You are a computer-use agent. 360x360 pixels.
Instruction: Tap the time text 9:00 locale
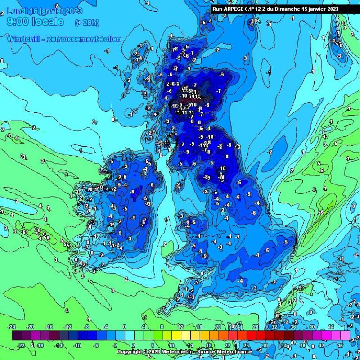pyautogui.click(x=35, y=22)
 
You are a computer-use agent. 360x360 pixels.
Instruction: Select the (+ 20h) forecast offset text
pyautogui.click(x=86, y=22)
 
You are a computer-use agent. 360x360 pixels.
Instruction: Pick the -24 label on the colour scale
pyautogui.click(x=12, y=326)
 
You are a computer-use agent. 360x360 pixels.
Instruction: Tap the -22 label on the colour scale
pyautogui.click(x=22, y=346)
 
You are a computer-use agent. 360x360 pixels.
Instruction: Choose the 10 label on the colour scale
pyautogui.click(x=171, y=346)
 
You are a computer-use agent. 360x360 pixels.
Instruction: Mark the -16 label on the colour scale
pyautogui.click(x=50, y=326)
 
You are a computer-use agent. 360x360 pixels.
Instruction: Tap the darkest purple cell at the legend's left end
pyautogui.click(x=17, y=336)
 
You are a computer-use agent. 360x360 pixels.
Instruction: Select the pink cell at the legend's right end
pyautogui.click(x=345, y=336)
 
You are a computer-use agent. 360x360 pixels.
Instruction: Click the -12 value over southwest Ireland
pyautogui.click(x=110, y=224)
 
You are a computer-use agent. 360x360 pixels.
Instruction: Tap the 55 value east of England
pyautogui.click(x=321, y=212)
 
